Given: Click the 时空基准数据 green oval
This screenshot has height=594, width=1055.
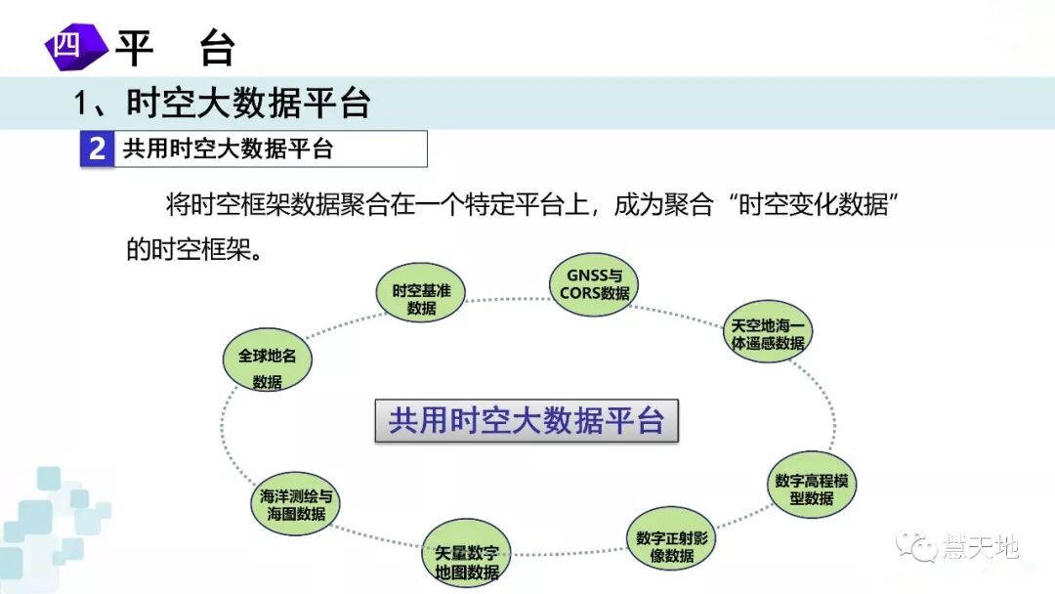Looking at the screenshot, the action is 421,291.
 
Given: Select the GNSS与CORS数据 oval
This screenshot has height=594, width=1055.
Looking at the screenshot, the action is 594,283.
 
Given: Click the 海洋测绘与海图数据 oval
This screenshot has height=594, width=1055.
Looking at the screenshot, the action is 296,504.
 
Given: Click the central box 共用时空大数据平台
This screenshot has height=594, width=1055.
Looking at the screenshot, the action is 527,421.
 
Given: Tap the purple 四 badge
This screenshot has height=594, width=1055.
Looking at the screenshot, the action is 70,46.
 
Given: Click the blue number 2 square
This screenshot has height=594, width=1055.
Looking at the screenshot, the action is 97,149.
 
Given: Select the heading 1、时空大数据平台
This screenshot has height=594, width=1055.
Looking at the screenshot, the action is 224,103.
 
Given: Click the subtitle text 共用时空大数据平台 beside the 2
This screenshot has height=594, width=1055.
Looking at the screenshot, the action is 228,149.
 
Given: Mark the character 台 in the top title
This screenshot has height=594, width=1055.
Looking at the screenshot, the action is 217,47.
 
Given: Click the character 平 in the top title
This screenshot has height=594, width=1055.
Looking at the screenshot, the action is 134,47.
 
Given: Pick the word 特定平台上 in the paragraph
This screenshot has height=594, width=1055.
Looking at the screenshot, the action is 528,206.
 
